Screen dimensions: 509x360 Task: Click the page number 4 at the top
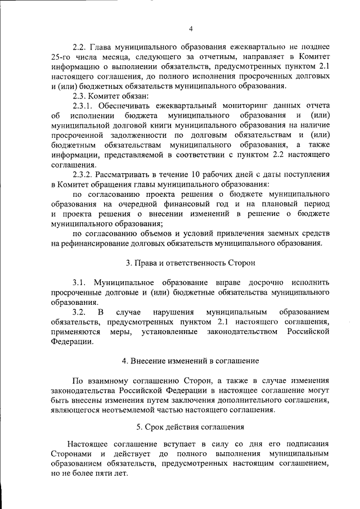click(191, 29)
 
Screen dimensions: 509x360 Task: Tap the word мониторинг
click(229, 105)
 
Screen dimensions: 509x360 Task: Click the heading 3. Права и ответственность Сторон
click(190, 263)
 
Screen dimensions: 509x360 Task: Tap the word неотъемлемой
click(144, 409)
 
